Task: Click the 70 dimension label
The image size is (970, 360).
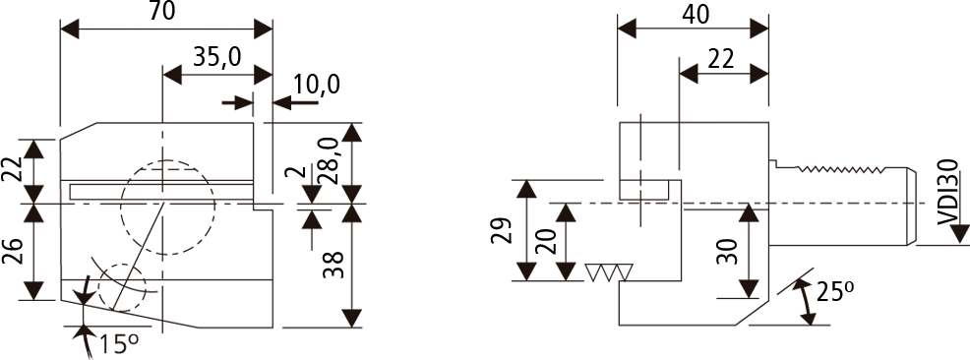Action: point(161,12)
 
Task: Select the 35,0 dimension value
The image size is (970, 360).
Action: point(216,57)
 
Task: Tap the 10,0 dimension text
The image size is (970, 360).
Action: point(317,85)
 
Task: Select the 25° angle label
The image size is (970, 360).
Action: point(835,291)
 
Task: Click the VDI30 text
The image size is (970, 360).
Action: point(947,193)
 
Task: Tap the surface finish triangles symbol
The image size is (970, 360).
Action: point(609,272)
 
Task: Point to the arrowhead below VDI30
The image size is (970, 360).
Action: point(960,234)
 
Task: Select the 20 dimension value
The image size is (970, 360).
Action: point(546,241)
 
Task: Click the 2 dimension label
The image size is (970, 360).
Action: point(295,171)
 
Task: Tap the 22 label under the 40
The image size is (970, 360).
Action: point(720,59)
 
